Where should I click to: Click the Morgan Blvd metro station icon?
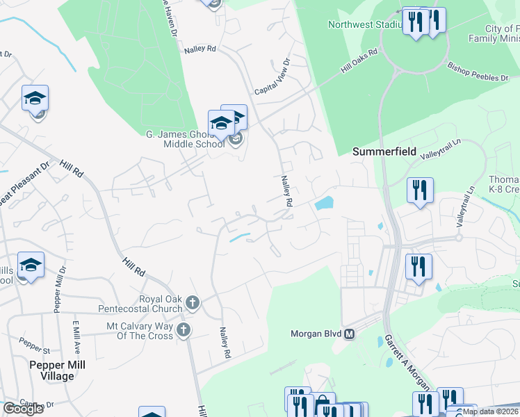350,334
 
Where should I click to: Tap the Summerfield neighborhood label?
384,151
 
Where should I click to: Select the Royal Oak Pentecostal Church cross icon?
193,303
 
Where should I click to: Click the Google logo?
23,409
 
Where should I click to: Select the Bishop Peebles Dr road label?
478,72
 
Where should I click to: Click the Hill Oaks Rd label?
359,61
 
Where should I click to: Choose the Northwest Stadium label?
366,25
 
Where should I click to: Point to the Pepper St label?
31,345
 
